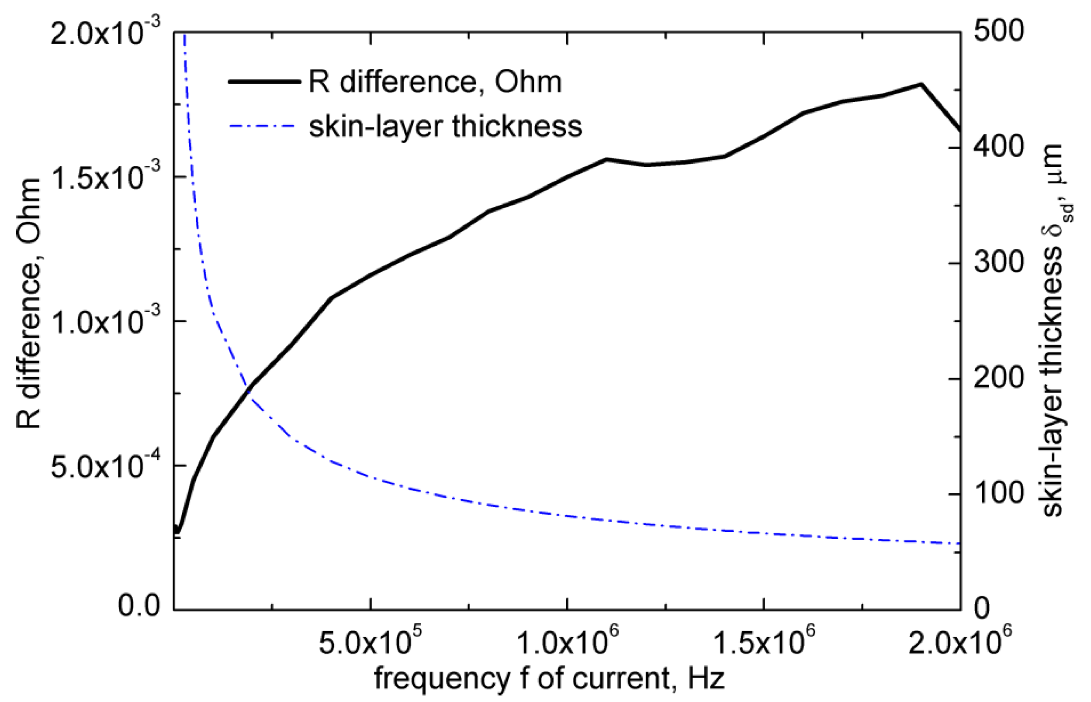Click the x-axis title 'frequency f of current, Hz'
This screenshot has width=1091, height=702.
tap(549, 679)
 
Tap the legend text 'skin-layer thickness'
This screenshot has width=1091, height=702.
tap(446, 126)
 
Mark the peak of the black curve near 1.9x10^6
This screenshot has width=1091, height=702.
tap(921, 84)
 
